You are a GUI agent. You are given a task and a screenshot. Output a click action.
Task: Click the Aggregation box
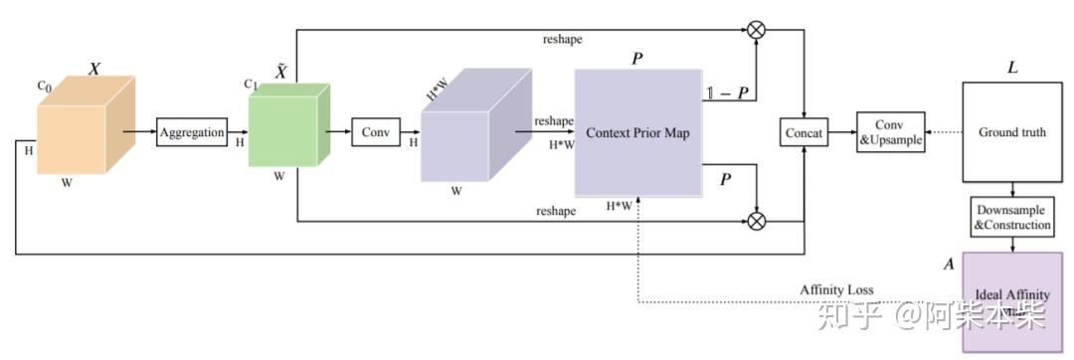tap(193, 132)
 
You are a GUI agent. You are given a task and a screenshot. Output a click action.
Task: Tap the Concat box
tap(804, 132)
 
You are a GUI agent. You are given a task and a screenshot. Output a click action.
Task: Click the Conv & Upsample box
tap(891, 132)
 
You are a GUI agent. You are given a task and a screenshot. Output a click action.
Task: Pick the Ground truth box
tap(1012, 132)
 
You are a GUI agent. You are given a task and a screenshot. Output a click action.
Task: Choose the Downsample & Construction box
tap(1012, 218)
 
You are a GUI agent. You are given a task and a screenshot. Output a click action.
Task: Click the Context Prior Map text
tap(637, 132)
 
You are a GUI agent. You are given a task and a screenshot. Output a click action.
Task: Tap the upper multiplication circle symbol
tap(756, 30)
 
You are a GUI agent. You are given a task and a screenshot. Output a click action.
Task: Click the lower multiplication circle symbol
tap(756, 220)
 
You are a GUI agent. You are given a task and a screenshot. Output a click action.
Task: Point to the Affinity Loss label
tap(836, 289)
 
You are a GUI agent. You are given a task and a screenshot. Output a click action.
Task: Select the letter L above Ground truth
tap(1012, 68)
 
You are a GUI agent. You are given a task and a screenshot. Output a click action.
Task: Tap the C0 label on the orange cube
tap(44, 87)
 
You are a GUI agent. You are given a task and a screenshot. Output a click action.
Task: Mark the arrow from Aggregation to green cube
tap(238, 130)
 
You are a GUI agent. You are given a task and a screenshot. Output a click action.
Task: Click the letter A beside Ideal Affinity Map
tap(949, 266)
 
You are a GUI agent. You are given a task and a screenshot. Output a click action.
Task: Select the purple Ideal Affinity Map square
tap(1012, 298)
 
